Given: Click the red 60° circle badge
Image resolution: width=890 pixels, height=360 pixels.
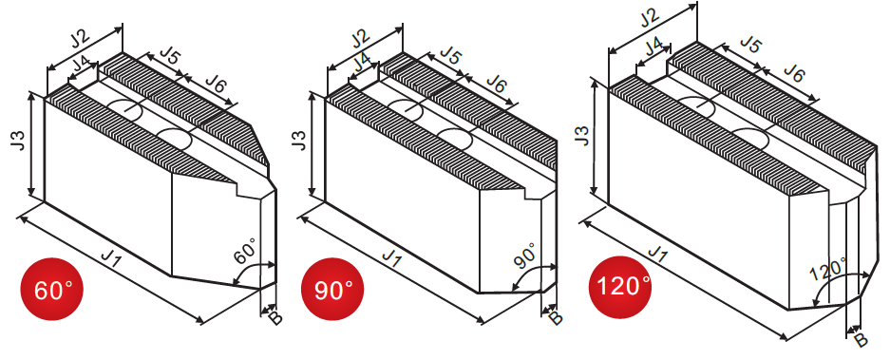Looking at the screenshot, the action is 51,289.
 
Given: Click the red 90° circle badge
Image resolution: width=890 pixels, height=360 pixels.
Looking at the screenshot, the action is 332,289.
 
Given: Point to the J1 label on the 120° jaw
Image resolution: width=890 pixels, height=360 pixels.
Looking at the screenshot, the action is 658,254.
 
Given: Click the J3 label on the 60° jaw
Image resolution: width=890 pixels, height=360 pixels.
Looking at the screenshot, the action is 18,141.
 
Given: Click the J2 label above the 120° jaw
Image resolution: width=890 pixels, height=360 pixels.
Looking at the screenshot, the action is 650,18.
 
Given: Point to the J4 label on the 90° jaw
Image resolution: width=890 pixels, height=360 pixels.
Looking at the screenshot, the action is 362,61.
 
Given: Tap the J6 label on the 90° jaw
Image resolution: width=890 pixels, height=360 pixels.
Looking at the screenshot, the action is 497,84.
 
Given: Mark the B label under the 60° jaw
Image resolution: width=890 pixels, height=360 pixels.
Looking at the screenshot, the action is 275,317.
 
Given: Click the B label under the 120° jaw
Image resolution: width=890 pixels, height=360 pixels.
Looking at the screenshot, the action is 862,339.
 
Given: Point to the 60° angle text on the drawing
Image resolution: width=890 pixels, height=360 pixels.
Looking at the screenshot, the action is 245,252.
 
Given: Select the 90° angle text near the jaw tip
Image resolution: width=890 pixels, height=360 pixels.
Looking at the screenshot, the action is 525,256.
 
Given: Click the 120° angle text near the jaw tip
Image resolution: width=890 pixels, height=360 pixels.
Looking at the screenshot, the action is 828,269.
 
